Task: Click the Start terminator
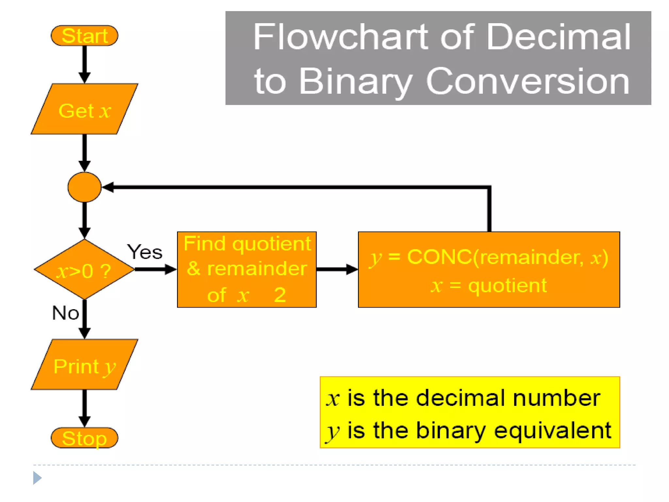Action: (x=84, y=36)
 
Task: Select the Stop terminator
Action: (x=84, y=438)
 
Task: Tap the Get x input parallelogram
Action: (x=84, y=109)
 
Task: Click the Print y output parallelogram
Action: (x=84, y=365)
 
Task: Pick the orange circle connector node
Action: (x=84, y=187)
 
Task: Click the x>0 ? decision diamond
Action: (x=84, y=270)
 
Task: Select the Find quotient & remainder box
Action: (x=247, y=270)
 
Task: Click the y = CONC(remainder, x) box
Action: (x=489, y=270)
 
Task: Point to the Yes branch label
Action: (x=145, y=252)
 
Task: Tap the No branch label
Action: (x=65, y=313)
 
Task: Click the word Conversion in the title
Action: (x=528, y=81)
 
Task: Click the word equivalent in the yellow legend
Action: (x=552, y=430)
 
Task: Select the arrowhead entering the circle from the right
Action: (x=108, y=187)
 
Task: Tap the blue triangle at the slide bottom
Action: (x=37, y=478)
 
